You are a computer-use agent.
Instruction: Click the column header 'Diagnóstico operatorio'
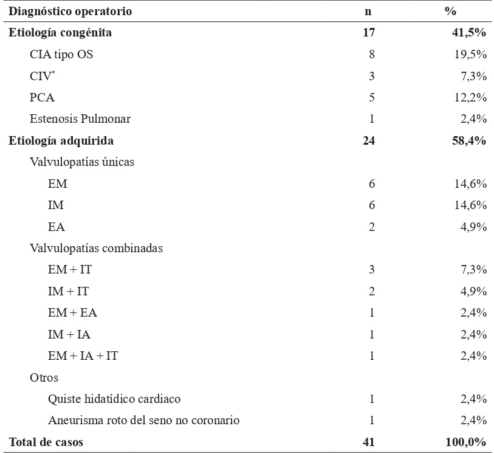(x=70, y=12)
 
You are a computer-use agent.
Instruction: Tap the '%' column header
(x=450, y=12)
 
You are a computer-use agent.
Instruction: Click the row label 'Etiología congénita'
(x=60, y=33)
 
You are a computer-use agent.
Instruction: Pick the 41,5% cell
(x=467, y=33)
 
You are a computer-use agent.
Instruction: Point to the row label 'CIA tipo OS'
(x=61, y=55)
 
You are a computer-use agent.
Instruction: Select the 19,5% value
(x=470, y=55)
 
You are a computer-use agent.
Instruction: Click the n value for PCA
(x=371, y=97)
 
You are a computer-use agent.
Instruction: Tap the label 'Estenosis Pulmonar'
(x=80, y=119)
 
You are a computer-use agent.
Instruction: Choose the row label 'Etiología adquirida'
(x=61, y=141)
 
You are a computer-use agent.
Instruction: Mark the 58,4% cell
(x=467, y=141)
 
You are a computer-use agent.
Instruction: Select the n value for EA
(x=371, y=227)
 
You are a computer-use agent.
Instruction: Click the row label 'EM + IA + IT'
(x=83, y=356)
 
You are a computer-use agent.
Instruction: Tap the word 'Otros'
(x=44, y=377)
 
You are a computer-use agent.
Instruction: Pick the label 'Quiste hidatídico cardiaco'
(x=114, y=399)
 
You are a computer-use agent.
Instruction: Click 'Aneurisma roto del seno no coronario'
(x=143, y=421)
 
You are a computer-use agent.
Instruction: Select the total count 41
(x=369, y=442)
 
